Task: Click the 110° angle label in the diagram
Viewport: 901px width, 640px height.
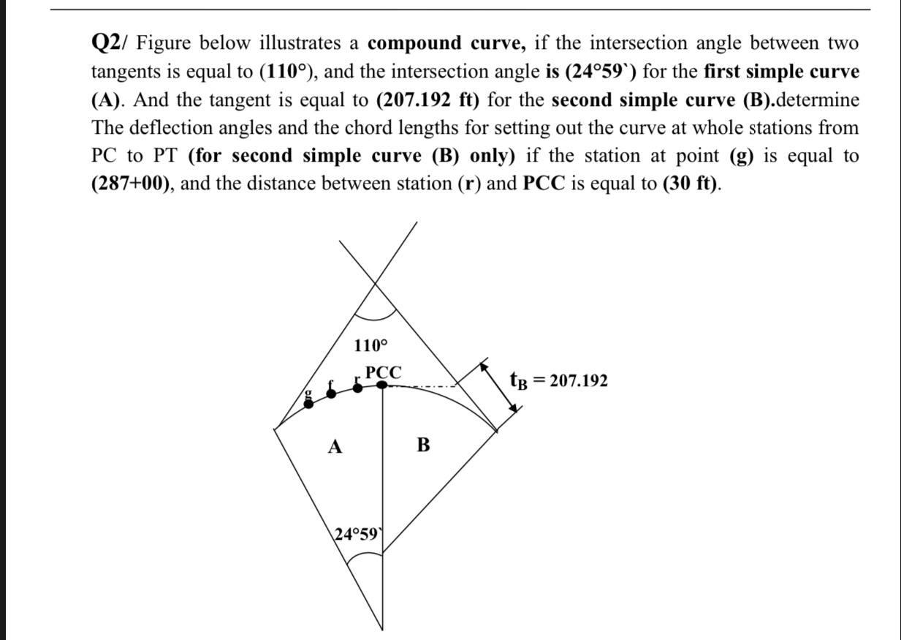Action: point(371,345)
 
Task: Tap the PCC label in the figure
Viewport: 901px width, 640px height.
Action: point(383,372)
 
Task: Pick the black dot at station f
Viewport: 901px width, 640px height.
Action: point(332,393)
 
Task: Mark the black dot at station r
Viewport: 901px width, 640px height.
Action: point(357,387)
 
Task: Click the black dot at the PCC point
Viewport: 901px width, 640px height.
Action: point(382,385)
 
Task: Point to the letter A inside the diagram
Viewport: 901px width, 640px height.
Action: point(335,446)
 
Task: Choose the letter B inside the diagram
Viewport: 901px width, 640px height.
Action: point(423,444)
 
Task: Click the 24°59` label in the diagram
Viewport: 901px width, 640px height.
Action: point(357,534)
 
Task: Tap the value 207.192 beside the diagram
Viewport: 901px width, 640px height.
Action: point(578,381)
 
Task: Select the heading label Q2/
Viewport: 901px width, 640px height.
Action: point(111,43)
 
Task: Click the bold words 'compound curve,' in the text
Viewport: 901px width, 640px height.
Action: point(446,43)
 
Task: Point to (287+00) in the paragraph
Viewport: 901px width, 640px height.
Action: point(132,183)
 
